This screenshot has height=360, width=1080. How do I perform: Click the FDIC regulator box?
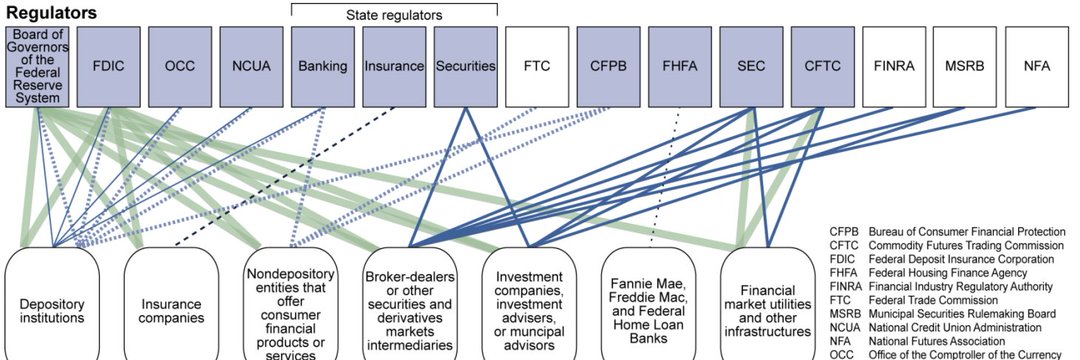(x=109, y=66)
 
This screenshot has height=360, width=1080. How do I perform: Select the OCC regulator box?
(x=181, y=66)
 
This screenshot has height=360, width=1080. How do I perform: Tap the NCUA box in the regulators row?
(x=252, y=66)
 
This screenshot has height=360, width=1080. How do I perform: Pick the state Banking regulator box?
(x=323, y=66)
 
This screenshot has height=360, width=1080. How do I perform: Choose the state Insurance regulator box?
(x=394, y=66)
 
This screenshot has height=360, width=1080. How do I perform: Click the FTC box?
(x=537, y=66)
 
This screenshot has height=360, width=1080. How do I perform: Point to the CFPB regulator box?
(x=608, y=66)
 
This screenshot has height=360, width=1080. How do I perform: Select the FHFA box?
(x=680, y=66)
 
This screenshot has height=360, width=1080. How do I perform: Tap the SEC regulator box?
(x=751, y=66)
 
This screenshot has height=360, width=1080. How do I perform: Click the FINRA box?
(x=894, y=66)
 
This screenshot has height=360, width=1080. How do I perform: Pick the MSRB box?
(x=965, y=66)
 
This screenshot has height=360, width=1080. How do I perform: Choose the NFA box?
(x=1037, y=66)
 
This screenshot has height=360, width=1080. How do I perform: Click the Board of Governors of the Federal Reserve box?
(x=37, y=66)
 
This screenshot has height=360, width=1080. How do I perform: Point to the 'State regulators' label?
(x=395, y=15)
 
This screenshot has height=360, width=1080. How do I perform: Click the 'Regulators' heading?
(x=51, y=13)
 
